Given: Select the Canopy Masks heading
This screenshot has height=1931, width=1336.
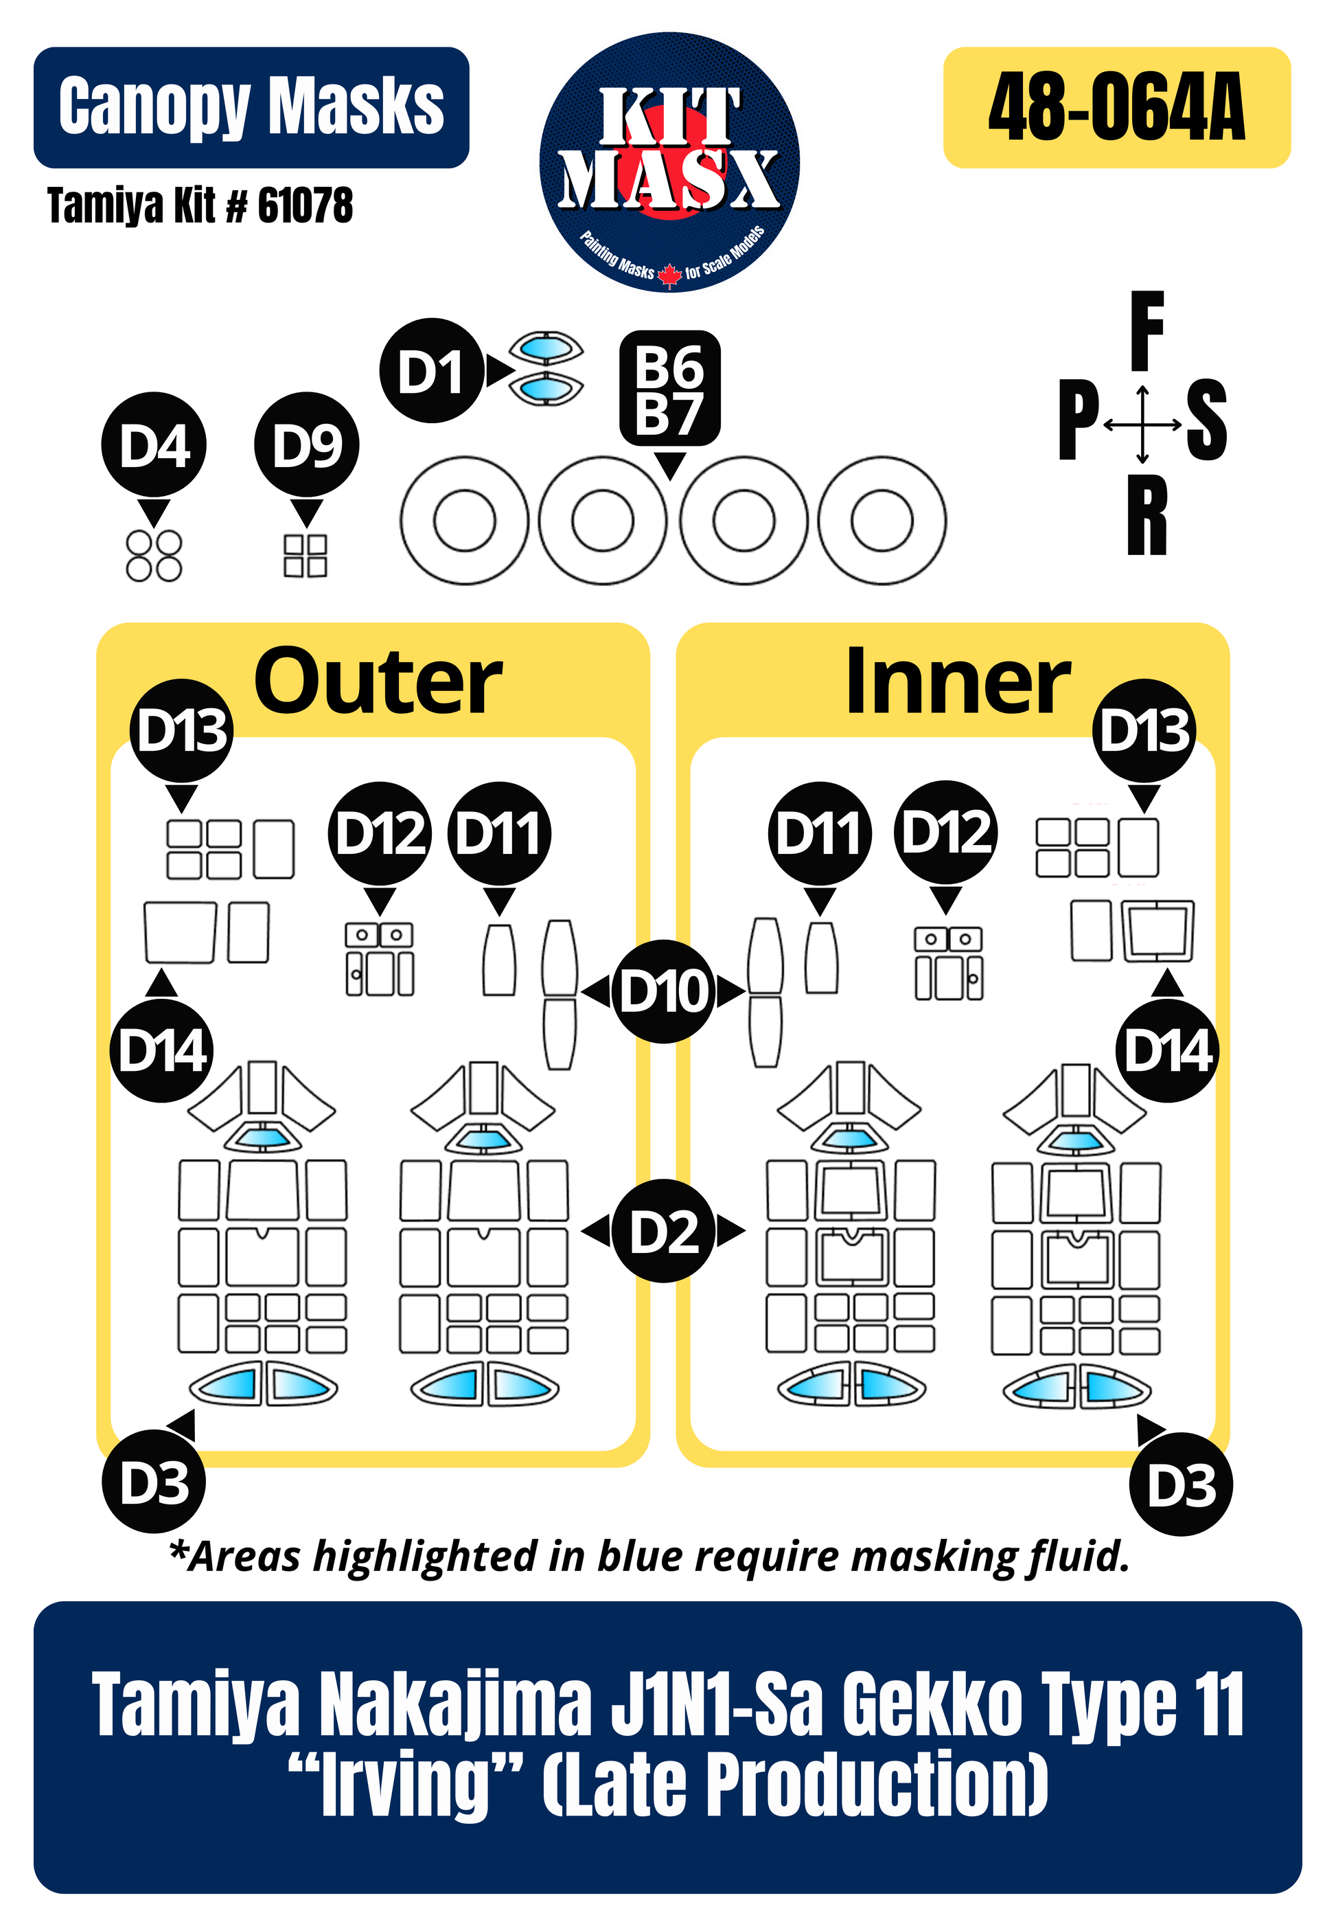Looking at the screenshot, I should click(x=251, y=107).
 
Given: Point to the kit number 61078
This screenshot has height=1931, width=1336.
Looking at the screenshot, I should click(x=305, y=206).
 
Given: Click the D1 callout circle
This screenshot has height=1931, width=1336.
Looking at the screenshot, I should click(x=431, y=371).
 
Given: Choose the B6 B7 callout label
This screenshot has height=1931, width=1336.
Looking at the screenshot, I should click(x=669, y=389).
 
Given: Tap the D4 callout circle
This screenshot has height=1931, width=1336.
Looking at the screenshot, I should click(x=154, y=444).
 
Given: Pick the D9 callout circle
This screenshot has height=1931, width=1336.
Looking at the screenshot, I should click(x=306, y=444).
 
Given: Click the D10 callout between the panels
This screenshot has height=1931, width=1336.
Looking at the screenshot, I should click(x=663, y=991).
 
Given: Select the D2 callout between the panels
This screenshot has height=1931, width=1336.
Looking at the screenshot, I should click(x=663, y=1231).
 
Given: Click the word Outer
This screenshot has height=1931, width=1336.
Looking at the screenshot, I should click(x=378, y=682).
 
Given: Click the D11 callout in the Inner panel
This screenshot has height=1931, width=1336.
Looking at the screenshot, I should click(x=818, y=833).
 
